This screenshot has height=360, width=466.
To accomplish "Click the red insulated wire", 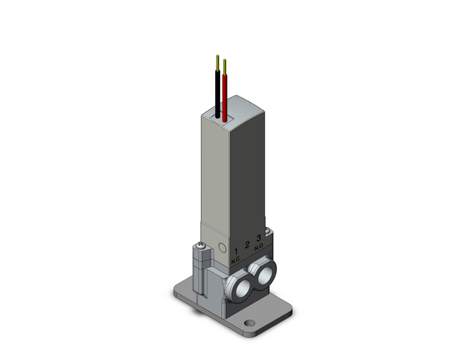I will pos(225,96).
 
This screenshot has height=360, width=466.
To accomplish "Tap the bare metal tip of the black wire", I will pos(217,62).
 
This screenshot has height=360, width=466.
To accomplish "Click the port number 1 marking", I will pos(236,251).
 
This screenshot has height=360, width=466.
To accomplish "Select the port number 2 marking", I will pos(247,245).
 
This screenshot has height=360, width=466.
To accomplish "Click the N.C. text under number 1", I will pos(236,259).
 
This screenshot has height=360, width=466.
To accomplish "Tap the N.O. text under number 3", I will pos(259,246).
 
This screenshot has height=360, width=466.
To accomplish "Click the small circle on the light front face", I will pos(222,248).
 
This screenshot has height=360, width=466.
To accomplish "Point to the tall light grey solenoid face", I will pos(216,172).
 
